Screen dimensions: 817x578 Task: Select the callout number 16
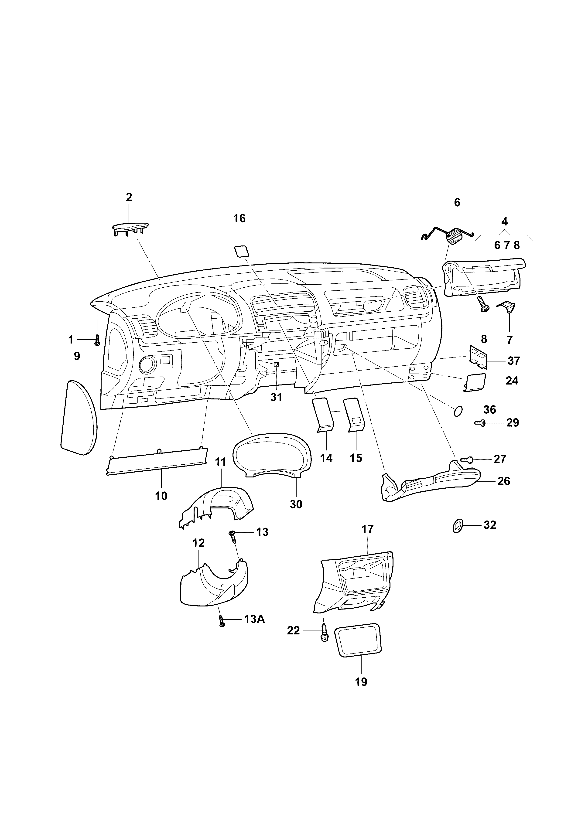point(239,218)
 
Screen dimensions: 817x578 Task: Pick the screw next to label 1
point(97,340)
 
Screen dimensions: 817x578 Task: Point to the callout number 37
point(513,361)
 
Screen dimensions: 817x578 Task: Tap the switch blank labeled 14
point(323,415)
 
